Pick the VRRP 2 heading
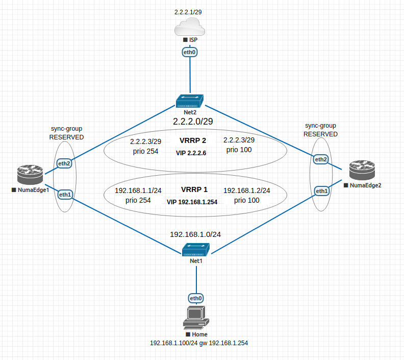point(193,140)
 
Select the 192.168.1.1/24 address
point(138,190)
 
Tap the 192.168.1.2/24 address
point(247,190)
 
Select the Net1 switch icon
point(196,250)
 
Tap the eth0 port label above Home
point(196,298)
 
